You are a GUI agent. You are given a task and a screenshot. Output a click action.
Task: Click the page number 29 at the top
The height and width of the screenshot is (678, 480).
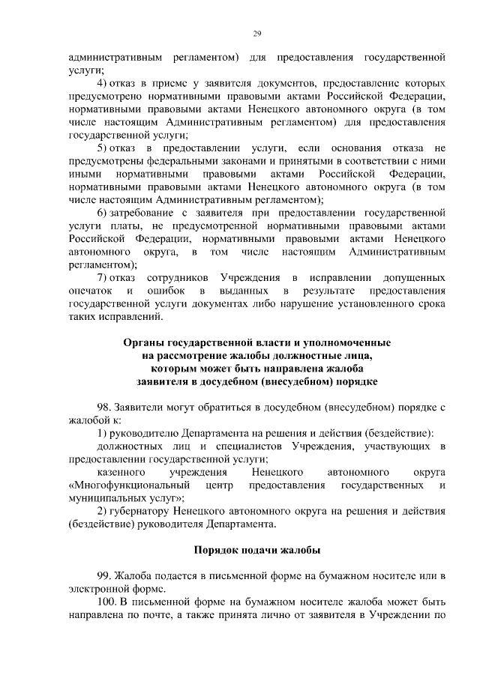pyautogui.click(x=256, y=34)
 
